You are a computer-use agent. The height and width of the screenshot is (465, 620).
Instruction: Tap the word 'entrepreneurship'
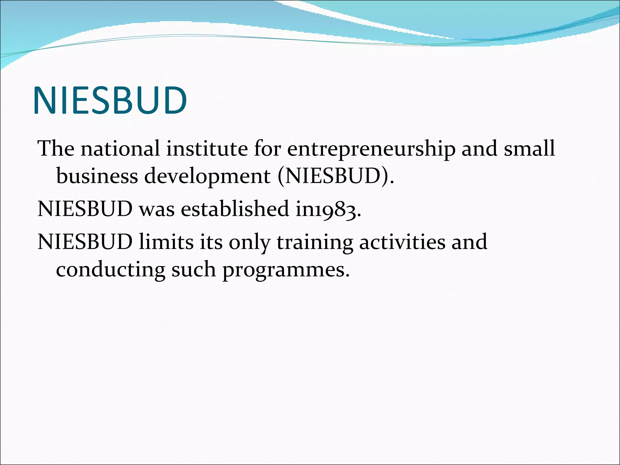tap(371, 149)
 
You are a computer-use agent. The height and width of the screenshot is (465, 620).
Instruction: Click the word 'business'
tap(97, 176)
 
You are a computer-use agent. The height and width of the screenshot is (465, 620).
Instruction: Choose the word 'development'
tap(207, 176)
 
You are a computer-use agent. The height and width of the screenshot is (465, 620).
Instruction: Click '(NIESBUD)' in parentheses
tap(336, 176)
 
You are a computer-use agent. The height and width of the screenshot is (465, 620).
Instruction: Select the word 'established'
tap(235, 209)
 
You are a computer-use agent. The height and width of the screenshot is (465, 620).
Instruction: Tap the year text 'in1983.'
tap(328, 209)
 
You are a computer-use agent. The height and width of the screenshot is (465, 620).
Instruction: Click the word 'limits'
tap(166, 242)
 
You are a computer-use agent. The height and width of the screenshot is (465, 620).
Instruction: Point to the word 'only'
tap(249, 242)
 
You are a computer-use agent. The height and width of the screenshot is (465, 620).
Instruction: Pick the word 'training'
tap(315, 242)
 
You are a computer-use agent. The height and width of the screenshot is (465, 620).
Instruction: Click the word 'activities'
tap(402, 242)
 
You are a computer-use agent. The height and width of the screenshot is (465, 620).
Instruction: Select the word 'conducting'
tap(110, 270)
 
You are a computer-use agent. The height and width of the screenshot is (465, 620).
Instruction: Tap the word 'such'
tap(194, 269)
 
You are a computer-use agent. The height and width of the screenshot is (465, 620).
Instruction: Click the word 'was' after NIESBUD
tap(157, 209)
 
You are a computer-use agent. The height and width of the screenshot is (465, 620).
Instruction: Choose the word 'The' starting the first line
tap(56, 149)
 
